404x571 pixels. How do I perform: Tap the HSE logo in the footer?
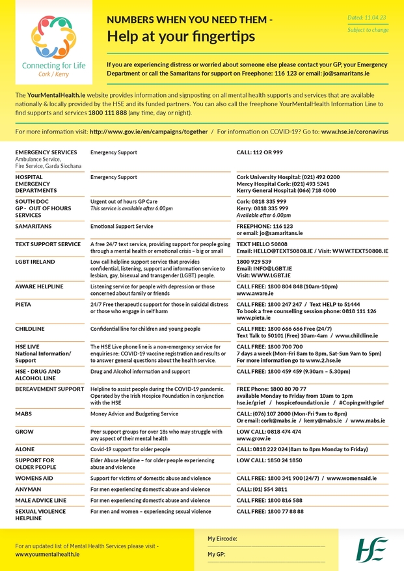click(x=371, y=550)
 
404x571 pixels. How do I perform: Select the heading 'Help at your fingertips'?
click(x=181, y=37)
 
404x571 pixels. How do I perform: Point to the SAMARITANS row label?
click(x=34, y=227)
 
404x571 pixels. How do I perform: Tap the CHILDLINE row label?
click(x=30, y=329)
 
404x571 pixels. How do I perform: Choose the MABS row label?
click(x=24, y=413)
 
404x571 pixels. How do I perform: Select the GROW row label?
click(x=24, y=432)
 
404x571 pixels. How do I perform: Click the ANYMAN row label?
click(x=28, y=489)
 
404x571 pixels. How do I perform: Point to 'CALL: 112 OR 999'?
click(x=260, y=152)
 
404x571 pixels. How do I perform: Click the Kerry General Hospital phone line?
click(x=286, y=191)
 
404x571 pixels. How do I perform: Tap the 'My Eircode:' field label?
click(x=222, y=539)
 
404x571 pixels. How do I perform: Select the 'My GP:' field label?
click(x=217, y=554)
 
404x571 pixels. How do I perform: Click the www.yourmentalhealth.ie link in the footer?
click(x=47, y=554)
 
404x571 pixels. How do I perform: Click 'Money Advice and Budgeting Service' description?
click(x=134, y=413)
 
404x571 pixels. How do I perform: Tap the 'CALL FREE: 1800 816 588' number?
click(x=269, y=500)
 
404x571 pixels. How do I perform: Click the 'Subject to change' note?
click(x=368, y=30)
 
